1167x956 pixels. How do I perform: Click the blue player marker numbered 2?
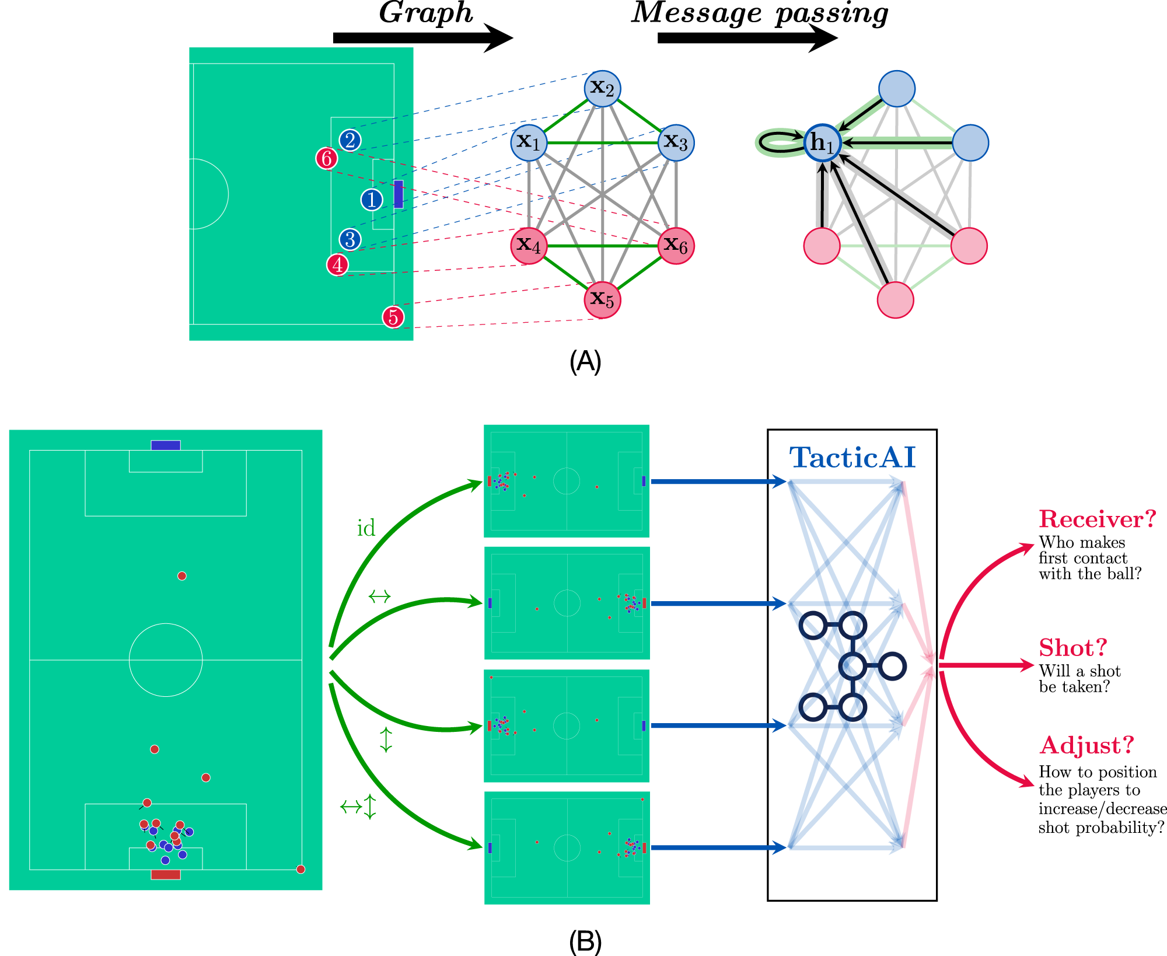pos(350,140)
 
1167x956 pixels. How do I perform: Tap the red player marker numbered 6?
pos(327,158)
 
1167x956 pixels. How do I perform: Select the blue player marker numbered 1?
pos(372,200)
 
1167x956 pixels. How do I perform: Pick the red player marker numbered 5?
pos(393,317)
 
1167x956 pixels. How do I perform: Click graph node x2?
pos(602,89)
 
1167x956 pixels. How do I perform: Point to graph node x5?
pos(602,300)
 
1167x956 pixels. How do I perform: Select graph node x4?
pos(529,246)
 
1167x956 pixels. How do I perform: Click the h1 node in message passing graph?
pos(822,142)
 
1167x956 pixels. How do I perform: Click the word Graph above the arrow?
pos(426,13)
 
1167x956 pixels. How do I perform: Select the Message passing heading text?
pos(760,13)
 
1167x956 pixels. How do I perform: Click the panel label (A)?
pos(585,362)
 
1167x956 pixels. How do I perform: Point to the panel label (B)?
pos(585,941)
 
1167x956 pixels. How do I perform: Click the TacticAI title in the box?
pos(852,458)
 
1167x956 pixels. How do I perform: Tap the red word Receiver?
pos(1097,519)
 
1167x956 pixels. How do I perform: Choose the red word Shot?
pos(1072,648)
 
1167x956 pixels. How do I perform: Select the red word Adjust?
pos(1086,745)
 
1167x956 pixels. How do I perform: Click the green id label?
pos(366,528)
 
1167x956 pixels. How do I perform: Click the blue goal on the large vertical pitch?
pos(166,445)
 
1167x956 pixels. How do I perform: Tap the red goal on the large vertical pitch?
pos(166,874)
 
